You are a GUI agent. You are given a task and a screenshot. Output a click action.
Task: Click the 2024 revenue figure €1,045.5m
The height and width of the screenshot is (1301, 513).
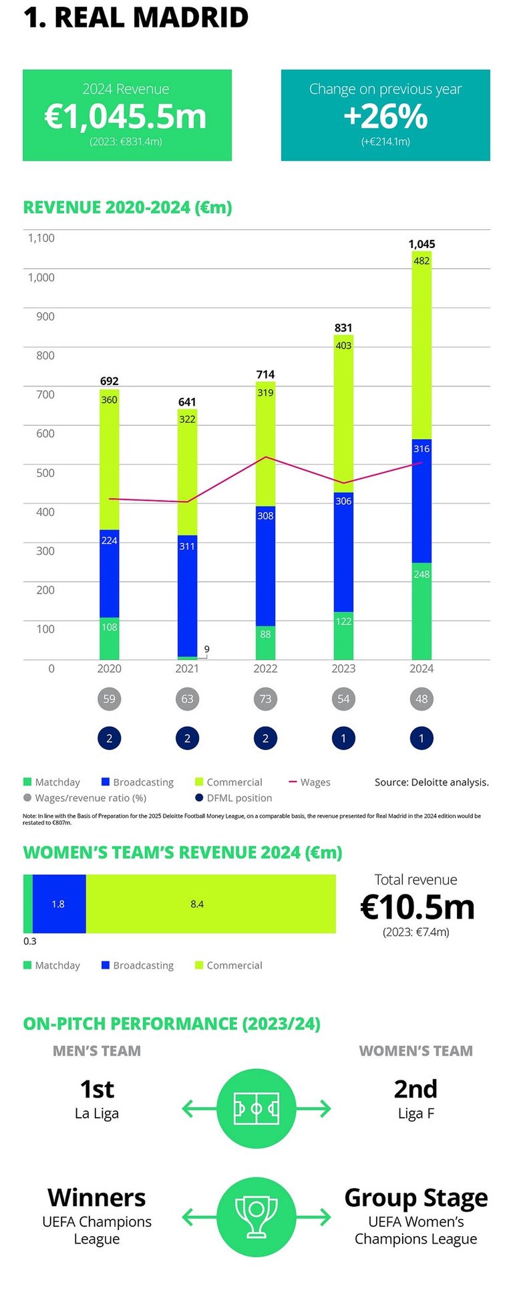[126, 117]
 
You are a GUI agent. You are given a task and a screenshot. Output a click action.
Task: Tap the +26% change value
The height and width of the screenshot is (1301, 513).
[385, 117]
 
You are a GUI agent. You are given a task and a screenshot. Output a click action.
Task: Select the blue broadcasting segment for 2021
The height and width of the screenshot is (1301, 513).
[187, 595]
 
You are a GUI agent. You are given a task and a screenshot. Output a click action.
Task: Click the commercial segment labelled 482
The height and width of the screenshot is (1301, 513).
[421, 344]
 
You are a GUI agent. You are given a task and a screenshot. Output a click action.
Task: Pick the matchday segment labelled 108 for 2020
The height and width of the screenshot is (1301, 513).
[110, 638]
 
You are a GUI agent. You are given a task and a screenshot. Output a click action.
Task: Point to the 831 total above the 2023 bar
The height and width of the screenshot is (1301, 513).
[343, 328]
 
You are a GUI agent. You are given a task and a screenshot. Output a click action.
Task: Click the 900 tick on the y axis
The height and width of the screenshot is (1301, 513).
[45, 316]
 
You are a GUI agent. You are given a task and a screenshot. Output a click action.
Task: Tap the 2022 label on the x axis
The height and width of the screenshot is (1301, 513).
[265, 669]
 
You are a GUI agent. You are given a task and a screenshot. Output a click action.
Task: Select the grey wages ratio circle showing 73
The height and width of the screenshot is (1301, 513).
[265, 699]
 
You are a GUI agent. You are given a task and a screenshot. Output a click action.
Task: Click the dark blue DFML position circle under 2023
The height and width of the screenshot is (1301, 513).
[343, 739]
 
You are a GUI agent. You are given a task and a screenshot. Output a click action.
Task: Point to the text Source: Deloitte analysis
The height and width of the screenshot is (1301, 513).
[432, 782]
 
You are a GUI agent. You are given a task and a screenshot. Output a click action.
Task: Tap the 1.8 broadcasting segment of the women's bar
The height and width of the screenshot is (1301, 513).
[59, 904]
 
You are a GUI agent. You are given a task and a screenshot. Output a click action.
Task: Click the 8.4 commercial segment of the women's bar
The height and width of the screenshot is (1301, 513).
[210, 904]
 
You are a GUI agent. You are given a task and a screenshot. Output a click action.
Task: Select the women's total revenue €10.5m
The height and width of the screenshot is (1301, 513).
[417, 907]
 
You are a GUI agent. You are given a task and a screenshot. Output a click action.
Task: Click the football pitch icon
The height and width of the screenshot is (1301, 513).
[256, 1109]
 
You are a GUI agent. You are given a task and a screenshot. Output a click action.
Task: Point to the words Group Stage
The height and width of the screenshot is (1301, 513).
[415, 1198]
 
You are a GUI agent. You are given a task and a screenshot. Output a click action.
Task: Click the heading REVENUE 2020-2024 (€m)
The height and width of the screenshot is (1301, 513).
[128, 207]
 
